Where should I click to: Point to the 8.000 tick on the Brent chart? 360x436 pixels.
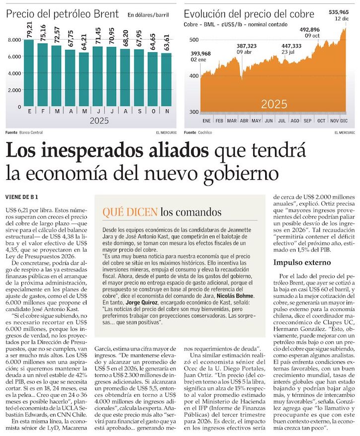tap(14, 39)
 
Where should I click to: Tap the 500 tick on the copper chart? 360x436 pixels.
tap(193, 39)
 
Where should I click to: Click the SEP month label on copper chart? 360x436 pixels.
tap(307, 121)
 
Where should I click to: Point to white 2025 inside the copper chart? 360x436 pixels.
tap(274, 104)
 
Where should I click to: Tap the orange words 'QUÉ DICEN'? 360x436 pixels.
tap(130, 213)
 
